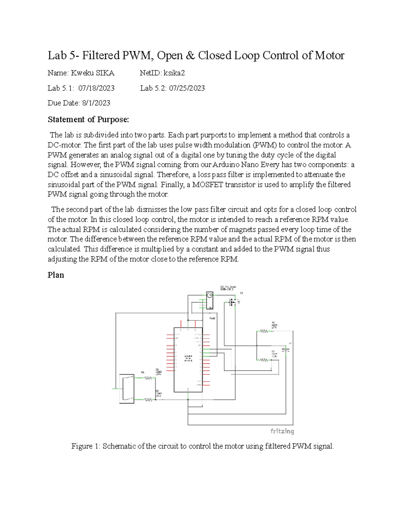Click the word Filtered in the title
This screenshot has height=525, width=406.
coord(101,55)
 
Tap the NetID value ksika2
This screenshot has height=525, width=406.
coord(174,73)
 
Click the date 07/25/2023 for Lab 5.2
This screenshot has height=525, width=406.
coord(187,88)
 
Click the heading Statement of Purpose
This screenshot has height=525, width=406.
coord(88,119)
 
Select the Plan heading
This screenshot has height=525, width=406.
coord(56,275)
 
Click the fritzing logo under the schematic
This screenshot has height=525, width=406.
coord(282,431)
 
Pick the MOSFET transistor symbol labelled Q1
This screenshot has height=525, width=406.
coord(233,302)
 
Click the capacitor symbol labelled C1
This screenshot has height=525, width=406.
coord(286,351)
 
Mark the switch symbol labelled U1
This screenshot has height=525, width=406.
coord(127,389)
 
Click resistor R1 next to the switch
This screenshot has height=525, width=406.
coord(148,378)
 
